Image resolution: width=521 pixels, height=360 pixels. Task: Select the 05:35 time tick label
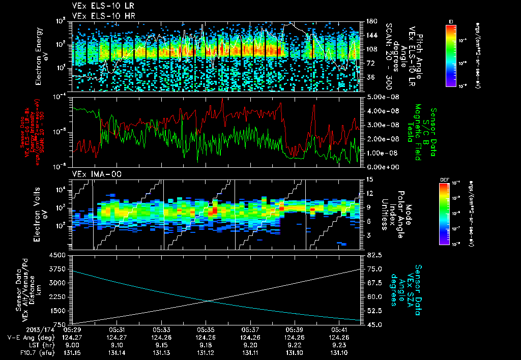tap(205, 329)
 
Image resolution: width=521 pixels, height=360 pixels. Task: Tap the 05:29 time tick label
tap(73, 329)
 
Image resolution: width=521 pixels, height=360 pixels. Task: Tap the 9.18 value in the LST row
tap(205, 344)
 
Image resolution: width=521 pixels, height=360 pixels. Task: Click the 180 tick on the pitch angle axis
tap(370, 21)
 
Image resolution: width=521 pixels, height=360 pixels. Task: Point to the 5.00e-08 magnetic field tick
tap(379, 97)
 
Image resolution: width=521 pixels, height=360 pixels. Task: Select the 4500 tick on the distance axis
tap(60, 255)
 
